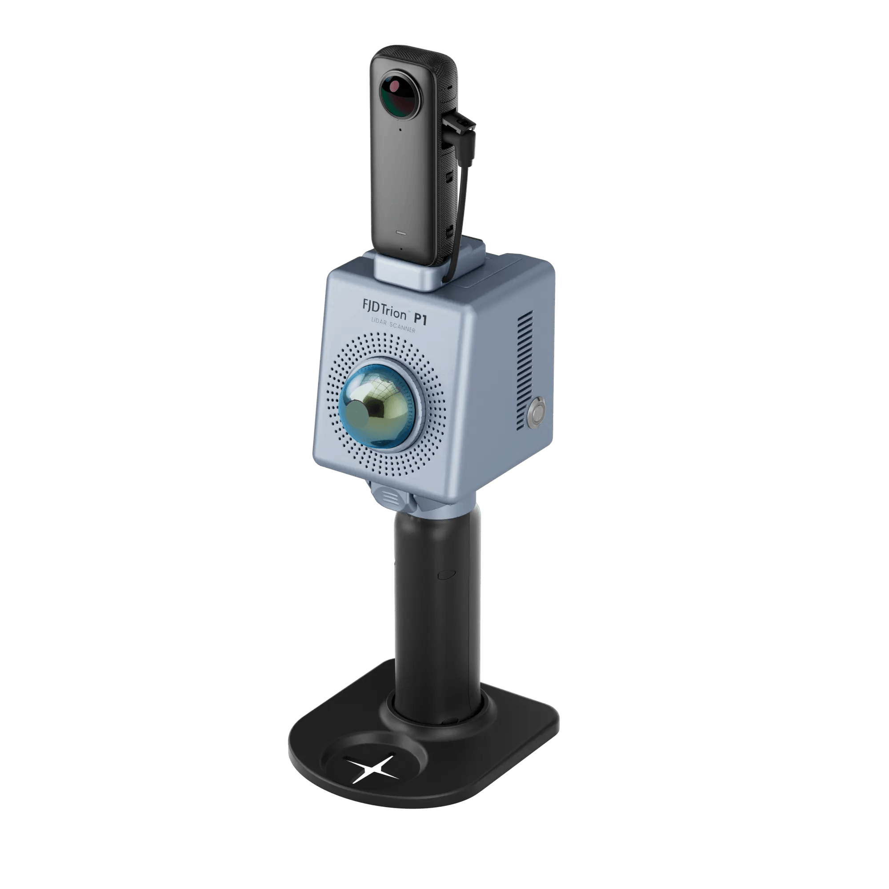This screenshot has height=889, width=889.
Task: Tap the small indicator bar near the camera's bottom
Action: [x=401, y=232]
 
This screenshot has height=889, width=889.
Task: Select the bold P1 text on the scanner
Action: [x=420, y=319]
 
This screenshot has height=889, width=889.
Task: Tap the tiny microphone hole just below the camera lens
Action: [x=400, y=129]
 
